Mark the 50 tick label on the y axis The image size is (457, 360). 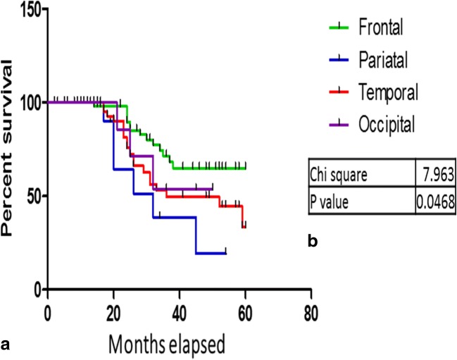[31, 196]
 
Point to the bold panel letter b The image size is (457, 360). [313, 242]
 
